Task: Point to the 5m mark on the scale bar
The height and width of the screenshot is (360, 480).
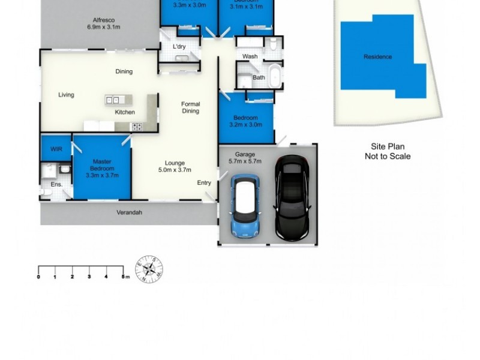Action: click(x=123, y=277)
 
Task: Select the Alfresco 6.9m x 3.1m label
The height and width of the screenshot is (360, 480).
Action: click(x=101, y=23)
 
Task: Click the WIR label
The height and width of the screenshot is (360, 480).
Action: click(x=56, y=148)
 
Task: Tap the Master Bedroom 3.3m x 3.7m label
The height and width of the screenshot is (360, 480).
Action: click(x=102, y=169)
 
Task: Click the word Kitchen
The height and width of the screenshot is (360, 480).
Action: click(x=125, y=112)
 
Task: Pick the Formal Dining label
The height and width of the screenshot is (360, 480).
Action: click(x=190, y=107)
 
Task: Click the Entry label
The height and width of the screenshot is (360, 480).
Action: click(x=204, y=183)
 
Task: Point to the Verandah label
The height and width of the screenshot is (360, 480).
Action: click(x=129, y=212)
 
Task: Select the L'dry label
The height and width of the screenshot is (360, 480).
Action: click(x=179, y=47)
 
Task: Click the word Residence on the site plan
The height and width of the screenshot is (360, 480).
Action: click(x=377, y=57)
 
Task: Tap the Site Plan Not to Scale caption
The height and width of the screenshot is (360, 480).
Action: click(x=388, y=151)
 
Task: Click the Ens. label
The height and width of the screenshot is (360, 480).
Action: click(x=56, y=184)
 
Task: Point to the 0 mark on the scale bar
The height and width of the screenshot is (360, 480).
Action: click(x=38, y=277)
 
